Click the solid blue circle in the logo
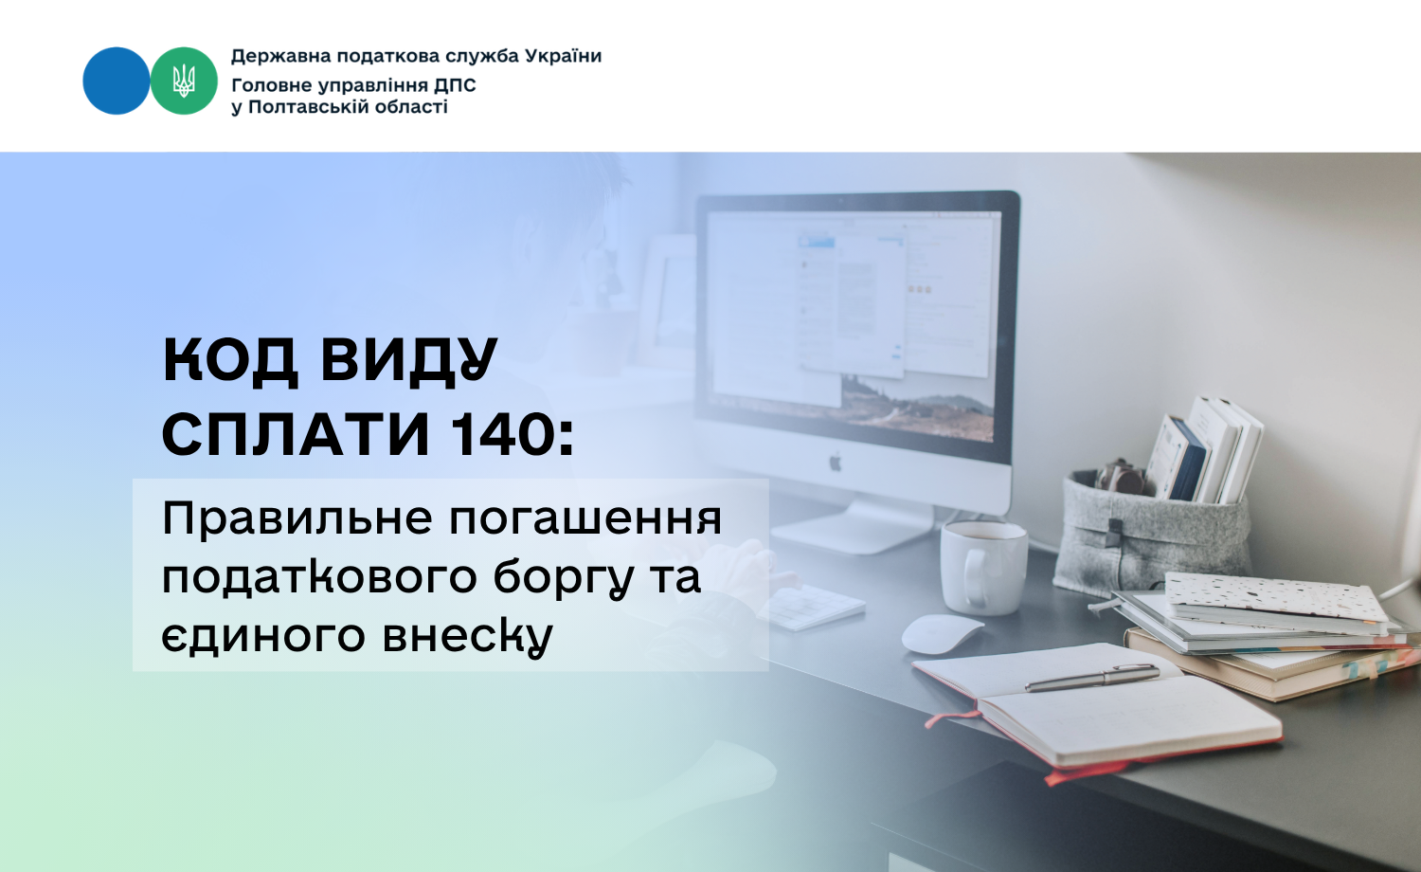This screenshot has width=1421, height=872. coord(117,81)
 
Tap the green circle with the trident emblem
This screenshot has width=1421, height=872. coord(184,81)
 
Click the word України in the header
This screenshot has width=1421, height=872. coord(564,57)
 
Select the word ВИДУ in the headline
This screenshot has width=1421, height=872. coord(409,361)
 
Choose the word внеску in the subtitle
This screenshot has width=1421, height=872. coord(468,635)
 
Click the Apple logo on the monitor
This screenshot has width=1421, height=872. coord(836,462)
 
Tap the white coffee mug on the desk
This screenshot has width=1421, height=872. coord(982,568)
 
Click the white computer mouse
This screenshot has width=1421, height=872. coord(942,633)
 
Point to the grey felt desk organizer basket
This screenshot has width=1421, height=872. coord(1151,533)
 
